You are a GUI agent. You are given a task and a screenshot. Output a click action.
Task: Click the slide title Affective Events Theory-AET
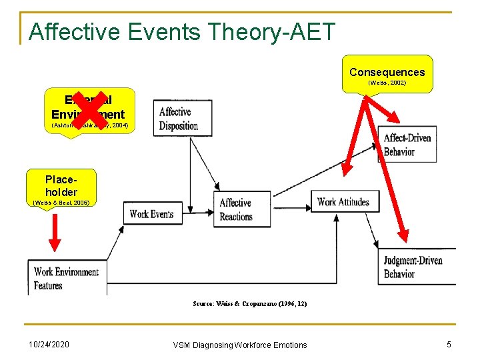[x=182, y=31]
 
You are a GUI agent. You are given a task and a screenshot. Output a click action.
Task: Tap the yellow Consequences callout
[x=387, y=73]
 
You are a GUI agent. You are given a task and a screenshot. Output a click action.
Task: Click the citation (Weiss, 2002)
[x=387, y=83]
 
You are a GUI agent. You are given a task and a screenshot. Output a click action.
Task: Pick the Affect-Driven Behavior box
[x=407, y=144]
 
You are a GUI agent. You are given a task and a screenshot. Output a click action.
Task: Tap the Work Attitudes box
[x=343, y=201]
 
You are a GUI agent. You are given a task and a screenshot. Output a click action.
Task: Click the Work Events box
[x=151, y=213]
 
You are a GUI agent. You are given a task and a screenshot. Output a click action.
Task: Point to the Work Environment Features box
[x=67, y=278]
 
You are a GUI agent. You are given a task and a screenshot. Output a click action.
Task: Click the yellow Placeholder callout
[x=61, y=185]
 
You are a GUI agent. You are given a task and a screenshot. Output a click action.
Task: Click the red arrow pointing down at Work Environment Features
[x=55, y=237]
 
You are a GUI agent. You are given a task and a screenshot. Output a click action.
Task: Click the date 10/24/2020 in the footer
[x=49, y=344]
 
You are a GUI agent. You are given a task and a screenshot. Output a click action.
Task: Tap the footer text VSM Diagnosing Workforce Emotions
[x=240, y=345]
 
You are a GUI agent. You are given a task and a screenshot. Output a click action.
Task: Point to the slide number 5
[x=449, y=344]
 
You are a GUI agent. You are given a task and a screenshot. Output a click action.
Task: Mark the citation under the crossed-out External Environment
[x=89, y=125]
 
